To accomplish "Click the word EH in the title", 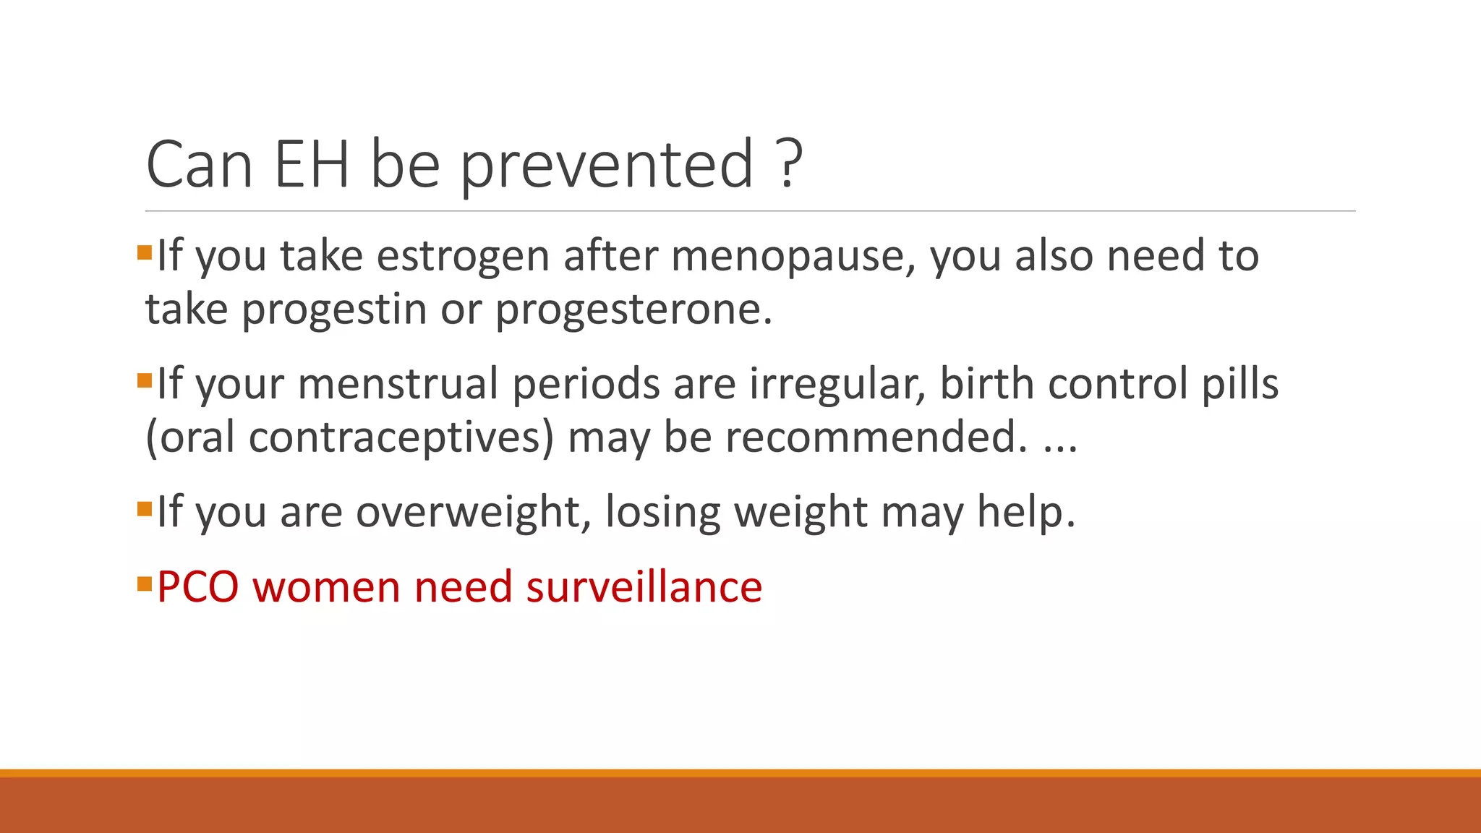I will [312, 164].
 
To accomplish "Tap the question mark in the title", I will [792, 164].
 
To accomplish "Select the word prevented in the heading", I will [607, 166].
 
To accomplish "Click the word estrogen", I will [463, 257].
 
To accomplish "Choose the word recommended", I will [874, 437].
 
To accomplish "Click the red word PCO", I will [197, 586].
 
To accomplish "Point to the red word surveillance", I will [644, 586].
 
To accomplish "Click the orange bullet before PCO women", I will [144, 582].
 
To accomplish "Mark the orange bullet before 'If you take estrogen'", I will [144, 252].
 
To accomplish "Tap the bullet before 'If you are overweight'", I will [144, 508].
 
